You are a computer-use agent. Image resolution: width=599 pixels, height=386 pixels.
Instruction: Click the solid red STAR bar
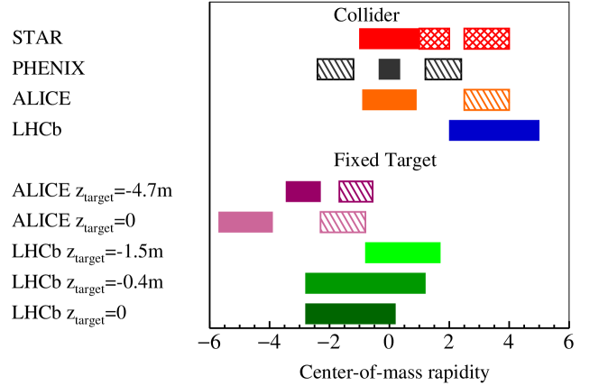(x=389, y=39)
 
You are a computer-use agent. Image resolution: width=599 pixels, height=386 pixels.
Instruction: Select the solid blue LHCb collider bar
(x=493, y=131)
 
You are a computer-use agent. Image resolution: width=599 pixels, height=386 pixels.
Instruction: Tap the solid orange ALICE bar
(x=389, y=99)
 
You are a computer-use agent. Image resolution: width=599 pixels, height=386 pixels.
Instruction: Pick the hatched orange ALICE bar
(x=486, y=99)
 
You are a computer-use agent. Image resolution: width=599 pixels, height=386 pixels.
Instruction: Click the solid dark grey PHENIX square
(x=389, y=69)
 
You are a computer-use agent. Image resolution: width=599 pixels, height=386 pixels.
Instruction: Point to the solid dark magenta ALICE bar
(x=303, y=191)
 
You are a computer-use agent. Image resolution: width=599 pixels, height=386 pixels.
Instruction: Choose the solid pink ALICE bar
(x=245, y=222)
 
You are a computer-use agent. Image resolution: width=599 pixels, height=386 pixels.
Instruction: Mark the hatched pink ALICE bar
(x=343, y=222)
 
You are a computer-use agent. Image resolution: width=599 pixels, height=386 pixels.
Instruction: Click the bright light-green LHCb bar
(x=402, y=253)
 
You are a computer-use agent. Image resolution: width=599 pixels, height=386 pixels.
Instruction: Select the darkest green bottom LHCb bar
(x=350, y=313)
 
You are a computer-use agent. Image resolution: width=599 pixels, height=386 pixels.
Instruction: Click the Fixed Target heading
(x=385, y=161)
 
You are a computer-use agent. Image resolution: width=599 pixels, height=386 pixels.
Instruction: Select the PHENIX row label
(x=47, y=69)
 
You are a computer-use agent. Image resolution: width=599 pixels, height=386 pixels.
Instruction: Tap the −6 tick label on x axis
(x=208, y=344)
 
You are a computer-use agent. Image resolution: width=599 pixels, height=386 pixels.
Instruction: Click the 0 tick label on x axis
(x=389, y=344)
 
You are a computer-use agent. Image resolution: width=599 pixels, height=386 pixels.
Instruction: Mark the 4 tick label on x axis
(x=509, y=344)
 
